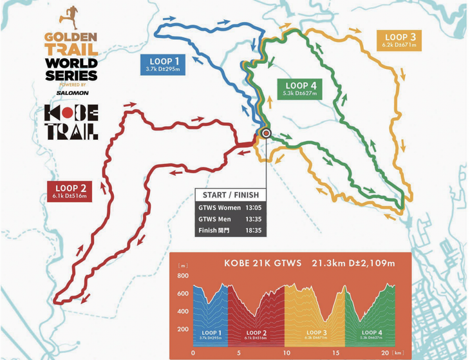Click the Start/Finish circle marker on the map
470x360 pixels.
(x=267, y=133)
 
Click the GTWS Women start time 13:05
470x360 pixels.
(x=251, y=208)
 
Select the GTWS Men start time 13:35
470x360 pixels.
(x=251, y=220)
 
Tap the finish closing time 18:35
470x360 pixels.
(x=251, y=231)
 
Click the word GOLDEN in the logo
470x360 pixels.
(x=71, y=37)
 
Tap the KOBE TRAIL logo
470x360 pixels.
(x=71, y=122)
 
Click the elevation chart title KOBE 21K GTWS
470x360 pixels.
(x=260, y=263)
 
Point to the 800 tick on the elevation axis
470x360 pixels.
(x=183, y=276)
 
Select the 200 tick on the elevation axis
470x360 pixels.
(x=183, y=329)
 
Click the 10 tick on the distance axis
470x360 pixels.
(x=284, y=353)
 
